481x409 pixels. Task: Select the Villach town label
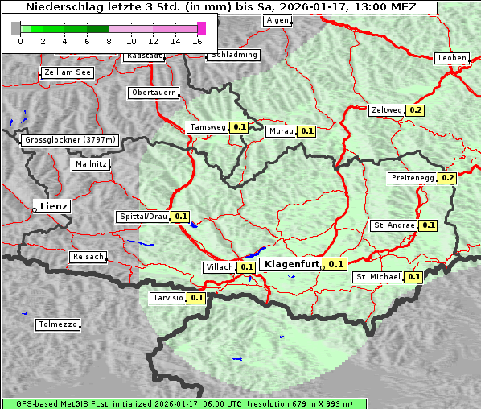click(220, 266)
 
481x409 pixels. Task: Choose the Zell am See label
click(68, 72)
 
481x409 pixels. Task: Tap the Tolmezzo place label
click(57, 324)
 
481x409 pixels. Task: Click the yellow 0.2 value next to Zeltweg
click(415, 110)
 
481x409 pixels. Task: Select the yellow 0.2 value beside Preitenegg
click(447, 178)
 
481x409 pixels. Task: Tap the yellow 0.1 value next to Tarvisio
click(196, 298)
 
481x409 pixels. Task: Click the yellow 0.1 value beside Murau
click(306, 130)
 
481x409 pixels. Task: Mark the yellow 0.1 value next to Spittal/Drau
click(180, 217)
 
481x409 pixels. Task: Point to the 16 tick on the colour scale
click(198, 40)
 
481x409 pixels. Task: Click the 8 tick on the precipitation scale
click(109, 40)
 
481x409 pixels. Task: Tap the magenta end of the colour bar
click(201, 28)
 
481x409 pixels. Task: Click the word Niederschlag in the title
click(61, 7)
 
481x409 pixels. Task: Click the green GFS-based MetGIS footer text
click(183, 403)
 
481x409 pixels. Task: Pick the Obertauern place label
click(154, 93)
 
